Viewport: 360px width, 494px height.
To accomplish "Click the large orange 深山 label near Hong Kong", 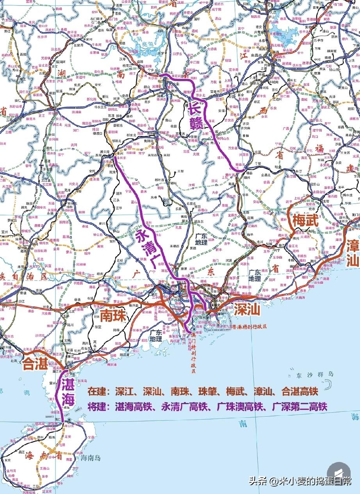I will pyautogui.click(x=247, y=310).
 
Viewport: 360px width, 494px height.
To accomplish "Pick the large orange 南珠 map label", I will pyautogui.click(x=113, y=316).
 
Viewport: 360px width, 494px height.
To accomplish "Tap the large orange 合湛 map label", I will pyautogui.click(x=35, y=364).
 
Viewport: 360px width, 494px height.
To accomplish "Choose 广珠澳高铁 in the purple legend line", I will pyautogui.click(x=234, y=406).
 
